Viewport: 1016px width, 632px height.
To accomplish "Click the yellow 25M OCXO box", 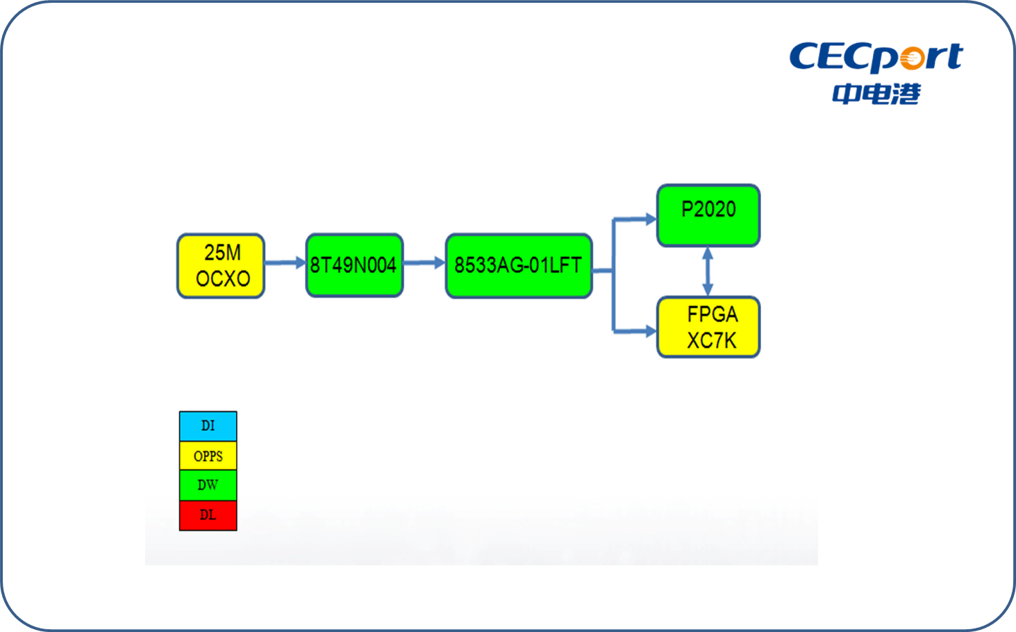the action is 221,266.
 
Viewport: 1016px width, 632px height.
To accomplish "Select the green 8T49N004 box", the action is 354,265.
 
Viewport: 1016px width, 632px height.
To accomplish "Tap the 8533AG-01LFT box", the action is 519,266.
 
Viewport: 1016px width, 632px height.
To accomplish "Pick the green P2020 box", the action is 708,215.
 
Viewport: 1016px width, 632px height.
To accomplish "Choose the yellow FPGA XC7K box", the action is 708,327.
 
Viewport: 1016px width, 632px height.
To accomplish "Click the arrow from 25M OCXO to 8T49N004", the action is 285,263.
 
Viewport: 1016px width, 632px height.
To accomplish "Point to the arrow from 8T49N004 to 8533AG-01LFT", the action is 424,263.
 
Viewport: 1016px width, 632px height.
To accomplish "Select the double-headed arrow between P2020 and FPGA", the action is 708,272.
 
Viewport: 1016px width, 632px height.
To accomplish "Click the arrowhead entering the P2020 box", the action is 651,219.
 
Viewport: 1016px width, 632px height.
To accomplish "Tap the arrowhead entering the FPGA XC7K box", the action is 651,331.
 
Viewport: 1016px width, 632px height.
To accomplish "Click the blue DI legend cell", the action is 208,426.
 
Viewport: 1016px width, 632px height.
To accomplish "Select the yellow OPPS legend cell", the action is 208,456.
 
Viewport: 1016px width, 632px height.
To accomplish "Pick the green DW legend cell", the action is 208,485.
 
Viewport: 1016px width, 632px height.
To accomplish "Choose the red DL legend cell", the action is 208,515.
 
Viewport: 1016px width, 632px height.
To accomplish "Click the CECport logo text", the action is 876,57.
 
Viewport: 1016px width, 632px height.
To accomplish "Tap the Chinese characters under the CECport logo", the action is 876,94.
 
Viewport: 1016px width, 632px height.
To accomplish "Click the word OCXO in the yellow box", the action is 223,278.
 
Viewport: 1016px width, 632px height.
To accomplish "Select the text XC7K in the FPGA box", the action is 712,341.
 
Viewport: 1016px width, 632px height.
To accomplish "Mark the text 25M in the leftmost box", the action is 222,253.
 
